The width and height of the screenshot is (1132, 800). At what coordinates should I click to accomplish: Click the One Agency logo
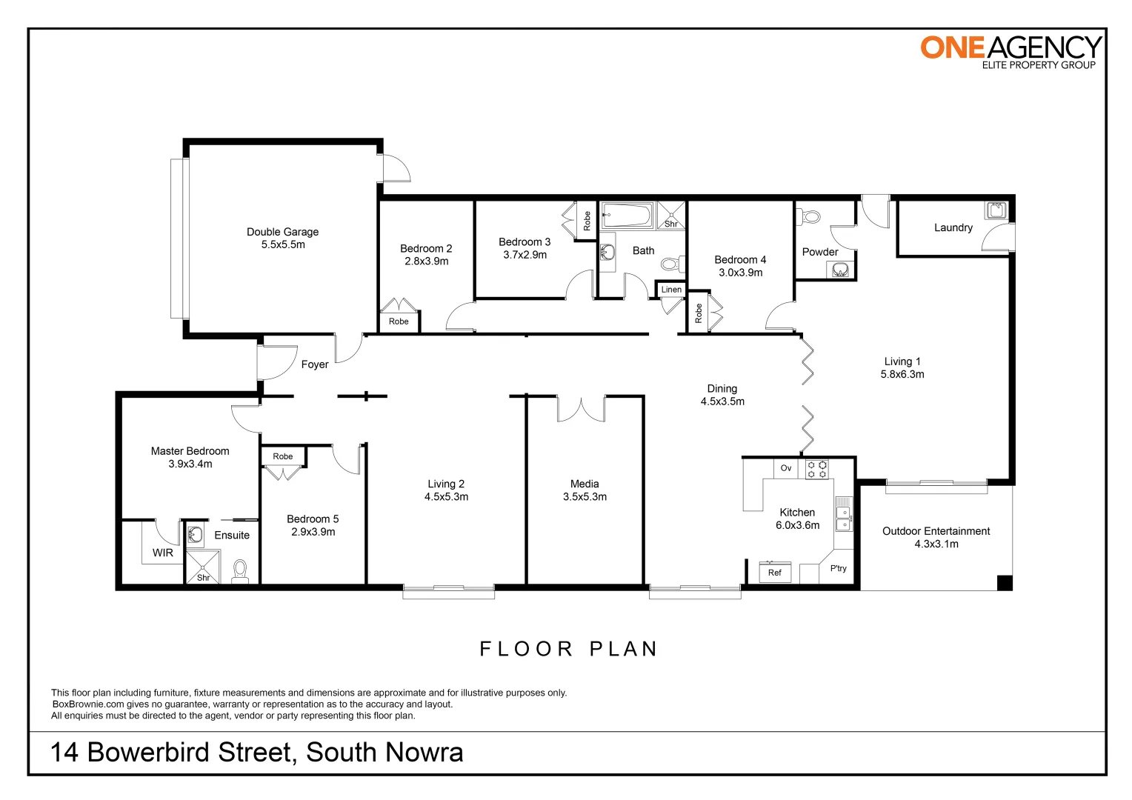click(x=1011, y=52)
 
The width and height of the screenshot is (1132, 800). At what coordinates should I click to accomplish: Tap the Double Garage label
click(x=282, y=232)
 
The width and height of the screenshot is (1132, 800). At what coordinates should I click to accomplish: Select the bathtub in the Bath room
click(x=627, y=216)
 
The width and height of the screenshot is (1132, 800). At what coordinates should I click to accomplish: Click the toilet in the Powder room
click(x=808, y=217)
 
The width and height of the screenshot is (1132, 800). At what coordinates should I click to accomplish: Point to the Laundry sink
click(x=996, y=210)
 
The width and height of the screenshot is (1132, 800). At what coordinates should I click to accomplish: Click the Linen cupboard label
click(x=671, y=290)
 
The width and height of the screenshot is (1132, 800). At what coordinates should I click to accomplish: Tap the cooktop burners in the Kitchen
click(x=816, y=468)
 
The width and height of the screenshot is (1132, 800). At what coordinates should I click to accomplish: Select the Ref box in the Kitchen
click(x=775, y=572)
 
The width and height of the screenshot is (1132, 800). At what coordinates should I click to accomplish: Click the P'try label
click(x=838, y=568)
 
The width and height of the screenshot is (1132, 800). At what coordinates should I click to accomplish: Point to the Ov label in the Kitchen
click(x=786, y=468)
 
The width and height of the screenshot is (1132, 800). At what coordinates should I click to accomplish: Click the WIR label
click(x=163, y=553)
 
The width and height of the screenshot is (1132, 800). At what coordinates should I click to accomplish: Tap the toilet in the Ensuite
click(x=240, y=571)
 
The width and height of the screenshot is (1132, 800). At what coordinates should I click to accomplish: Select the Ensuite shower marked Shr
click(x=203, y=567)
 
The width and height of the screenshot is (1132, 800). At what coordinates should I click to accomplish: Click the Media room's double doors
click(x=581, y=410)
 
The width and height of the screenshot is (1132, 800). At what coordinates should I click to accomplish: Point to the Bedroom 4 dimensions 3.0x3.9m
click(x=740, y=273)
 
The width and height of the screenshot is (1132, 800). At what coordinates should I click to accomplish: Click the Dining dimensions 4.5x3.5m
click(x=722, y=401)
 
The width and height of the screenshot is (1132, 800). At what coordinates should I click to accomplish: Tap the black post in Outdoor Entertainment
click(x=1005, y=583)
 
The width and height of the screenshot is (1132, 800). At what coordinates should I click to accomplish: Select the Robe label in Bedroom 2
click(x=399, y=321)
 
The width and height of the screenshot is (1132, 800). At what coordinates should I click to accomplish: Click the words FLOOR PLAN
click(x=568, y=649)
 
